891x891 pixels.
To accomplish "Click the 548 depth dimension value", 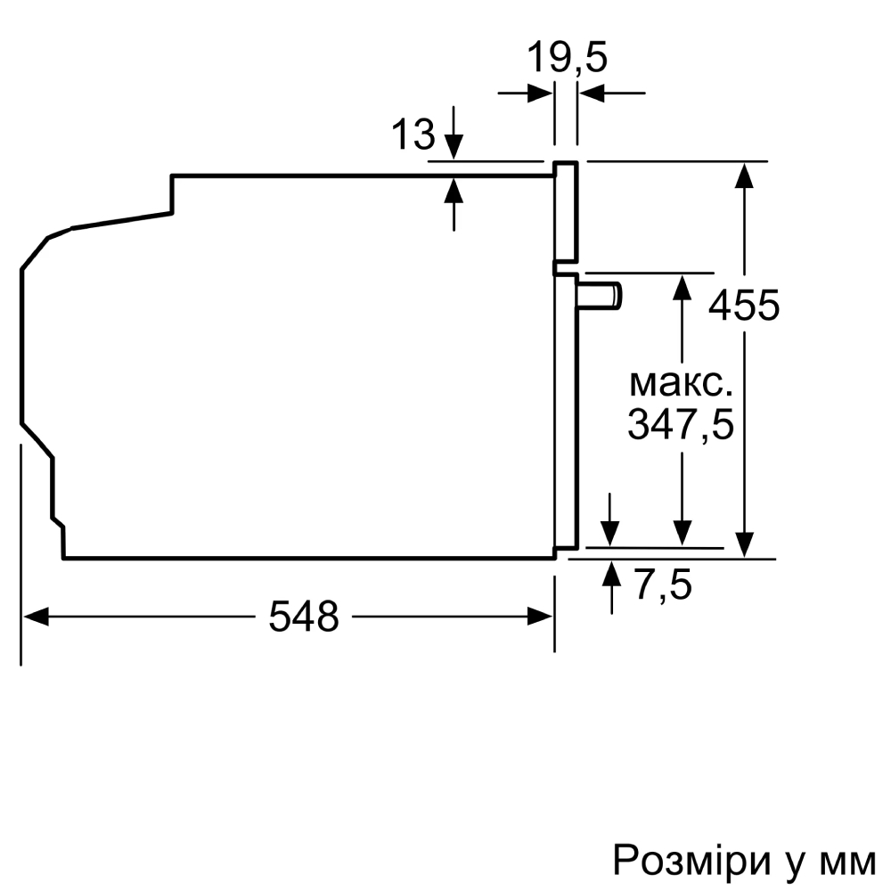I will [x=304, y=616].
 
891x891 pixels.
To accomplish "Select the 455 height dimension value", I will [x=744, y=306].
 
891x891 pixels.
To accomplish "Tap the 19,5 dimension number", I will [x=566, y=59].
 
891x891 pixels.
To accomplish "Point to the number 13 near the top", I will [x=413, y=135].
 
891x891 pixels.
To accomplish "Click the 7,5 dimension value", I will [x=663, y=586].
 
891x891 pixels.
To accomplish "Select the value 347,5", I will [x=681, y=425].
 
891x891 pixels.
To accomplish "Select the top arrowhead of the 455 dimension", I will [x=745, y=175].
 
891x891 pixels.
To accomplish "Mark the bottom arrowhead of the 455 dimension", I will [x=745, y=544].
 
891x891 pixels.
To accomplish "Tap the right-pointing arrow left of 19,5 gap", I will [x=539, y=93].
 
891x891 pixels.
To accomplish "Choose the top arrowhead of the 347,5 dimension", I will [x=683, y=287].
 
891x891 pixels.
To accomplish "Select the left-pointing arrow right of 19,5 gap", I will [x=593, y=93].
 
